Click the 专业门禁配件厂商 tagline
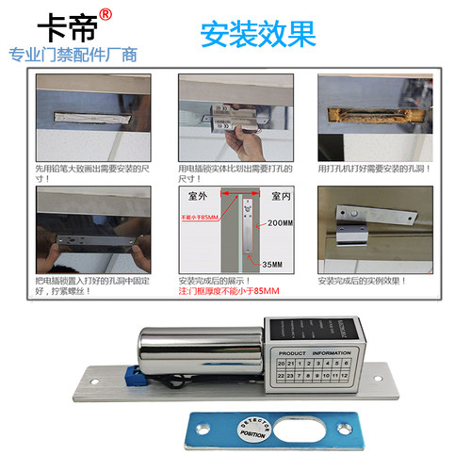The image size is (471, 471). [73, 55]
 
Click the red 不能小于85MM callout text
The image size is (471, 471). [199, 217]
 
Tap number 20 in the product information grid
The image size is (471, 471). [281, 362]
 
